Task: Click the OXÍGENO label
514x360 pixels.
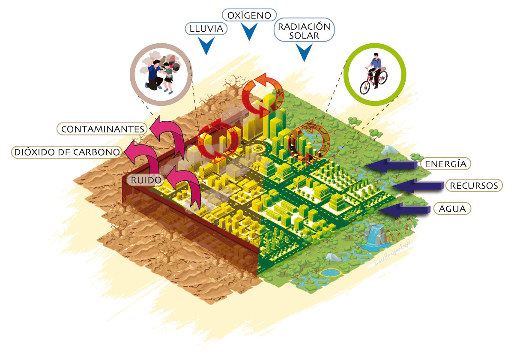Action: click(x=249, y=15)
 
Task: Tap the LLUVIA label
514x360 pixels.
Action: click(x=206, y=29)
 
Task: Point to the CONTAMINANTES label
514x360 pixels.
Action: click(x=102, y=129)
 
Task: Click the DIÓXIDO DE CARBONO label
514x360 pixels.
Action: click(x=67, y=152)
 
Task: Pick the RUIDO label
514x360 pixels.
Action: click(x=146, y=180)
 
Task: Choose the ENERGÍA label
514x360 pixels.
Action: click(x=445, y=164)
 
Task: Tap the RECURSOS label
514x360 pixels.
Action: click(x=474, y=186)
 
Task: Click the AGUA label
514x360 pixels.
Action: click(x=452, y=209)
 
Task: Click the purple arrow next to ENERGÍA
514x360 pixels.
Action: click(x=391, y=165)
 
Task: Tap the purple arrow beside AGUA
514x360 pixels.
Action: click(x=404, y=210)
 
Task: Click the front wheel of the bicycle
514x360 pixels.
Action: click(x=365, y=87)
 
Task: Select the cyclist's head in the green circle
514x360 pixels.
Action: click(x=376, y=55)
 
